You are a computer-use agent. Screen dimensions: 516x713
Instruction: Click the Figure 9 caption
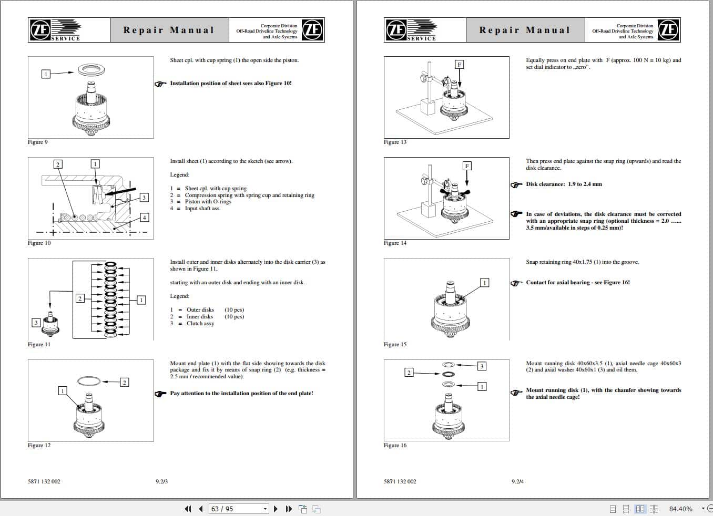(38, 142)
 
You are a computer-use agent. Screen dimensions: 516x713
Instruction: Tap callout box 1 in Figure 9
(46, 74)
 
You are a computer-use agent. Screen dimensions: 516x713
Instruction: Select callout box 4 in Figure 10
(144, 218)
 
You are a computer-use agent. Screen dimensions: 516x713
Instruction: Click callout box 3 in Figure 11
(36, 323)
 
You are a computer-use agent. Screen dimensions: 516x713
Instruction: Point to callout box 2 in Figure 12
(125, 382)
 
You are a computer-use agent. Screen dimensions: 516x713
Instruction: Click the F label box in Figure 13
(459, 64)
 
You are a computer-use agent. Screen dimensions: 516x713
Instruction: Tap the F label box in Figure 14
(466, 166)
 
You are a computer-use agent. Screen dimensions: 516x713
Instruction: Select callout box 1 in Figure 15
(484, 283)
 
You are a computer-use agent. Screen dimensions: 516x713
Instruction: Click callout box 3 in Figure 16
(482, 366)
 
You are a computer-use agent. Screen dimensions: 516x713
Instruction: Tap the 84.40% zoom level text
(680, 509)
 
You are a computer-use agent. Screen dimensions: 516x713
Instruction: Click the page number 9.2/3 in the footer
(162, 481)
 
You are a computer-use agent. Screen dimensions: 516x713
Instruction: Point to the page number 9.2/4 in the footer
(517, 481)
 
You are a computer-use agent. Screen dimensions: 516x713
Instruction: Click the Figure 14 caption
(395, 243)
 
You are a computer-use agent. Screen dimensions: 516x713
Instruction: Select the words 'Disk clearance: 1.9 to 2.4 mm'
(564, 184)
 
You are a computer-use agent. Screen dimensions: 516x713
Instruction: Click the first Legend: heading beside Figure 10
(180, 175)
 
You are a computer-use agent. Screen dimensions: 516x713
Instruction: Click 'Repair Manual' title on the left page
(169, 30)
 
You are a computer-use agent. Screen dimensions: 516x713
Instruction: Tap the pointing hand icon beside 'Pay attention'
(161, 394)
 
